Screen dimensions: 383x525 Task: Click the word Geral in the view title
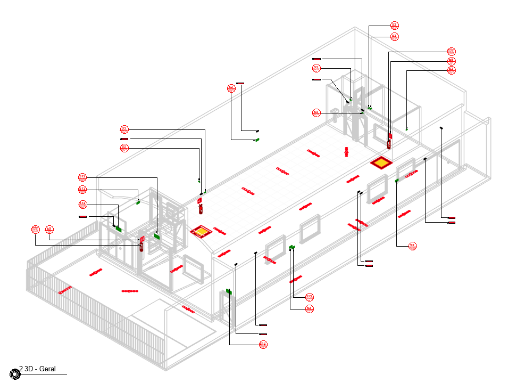click(47, 369)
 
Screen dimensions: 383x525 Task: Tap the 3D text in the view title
click(29, 369)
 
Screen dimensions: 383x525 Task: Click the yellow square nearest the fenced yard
click(200, 231)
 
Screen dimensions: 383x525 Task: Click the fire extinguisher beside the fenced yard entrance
click(141, 244)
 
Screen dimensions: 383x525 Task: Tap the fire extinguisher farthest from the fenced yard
click(389, 141)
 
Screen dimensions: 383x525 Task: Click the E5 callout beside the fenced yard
click(49, 230)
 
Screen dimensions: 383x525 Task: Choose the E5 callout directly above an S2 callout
click(451, 61)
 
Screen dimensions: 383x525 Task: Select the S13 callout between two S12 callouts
click(82, 190)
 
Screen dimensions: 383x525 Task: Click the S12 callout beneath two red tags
click(263, 345)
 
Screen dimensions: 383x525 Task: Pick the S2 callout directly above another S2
click(394, 25)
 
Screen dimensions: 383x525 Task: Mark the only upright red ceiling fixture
click(347, 152)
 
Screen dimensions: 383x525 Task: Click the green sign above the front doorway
click(229, 291)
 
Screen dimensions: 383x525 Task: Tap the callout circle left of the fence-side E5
click(36, 230)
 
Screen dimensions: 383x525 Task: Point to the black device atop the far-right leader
click(441, 128)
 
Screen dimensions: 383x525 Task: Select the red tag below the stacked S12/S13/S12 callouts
click(83, 217)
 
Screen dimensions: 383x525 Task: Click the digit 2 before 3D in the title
click(21, 369)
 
